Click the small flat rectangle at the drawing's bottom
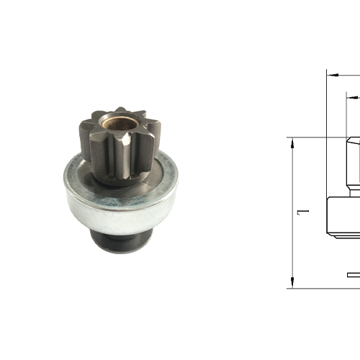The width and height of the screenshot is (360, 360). (353, 274)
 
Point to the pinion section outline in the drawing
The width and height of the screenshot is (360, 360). (354, 162)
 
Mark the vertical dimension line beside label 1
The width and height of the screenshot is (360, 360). (292, 180)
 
